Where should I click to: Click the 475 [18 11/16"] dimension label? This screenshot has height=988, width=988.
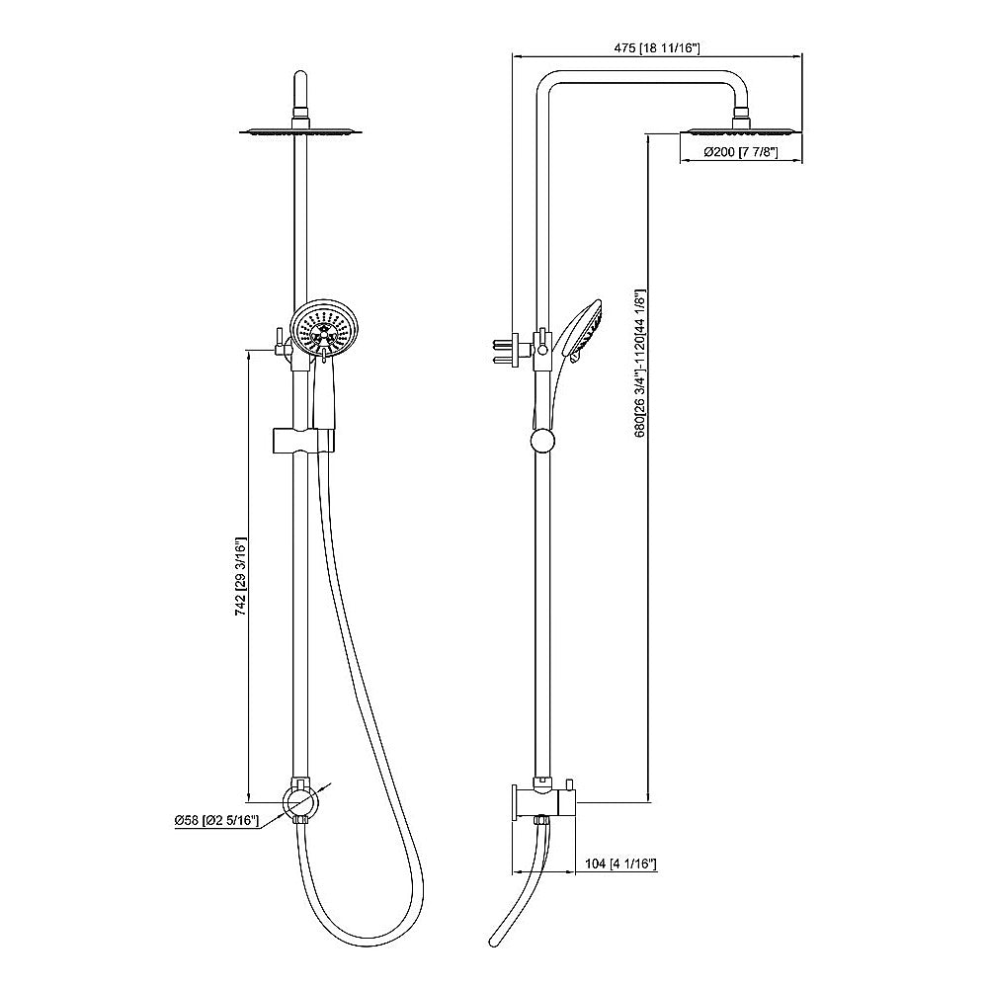click(x=656, y=47)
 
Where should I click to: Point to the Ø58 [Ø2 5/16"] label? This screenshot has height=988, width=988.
click(x=215, y=820)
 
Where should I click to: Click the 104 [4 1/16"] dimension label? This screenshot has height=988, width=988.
click(x=621, y=864)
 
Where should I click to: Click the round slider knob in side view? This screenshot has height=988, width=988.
click(x=541, y=441)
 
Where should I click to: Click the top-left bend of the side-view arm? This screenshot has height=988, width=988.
click(x=543, y=83)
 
